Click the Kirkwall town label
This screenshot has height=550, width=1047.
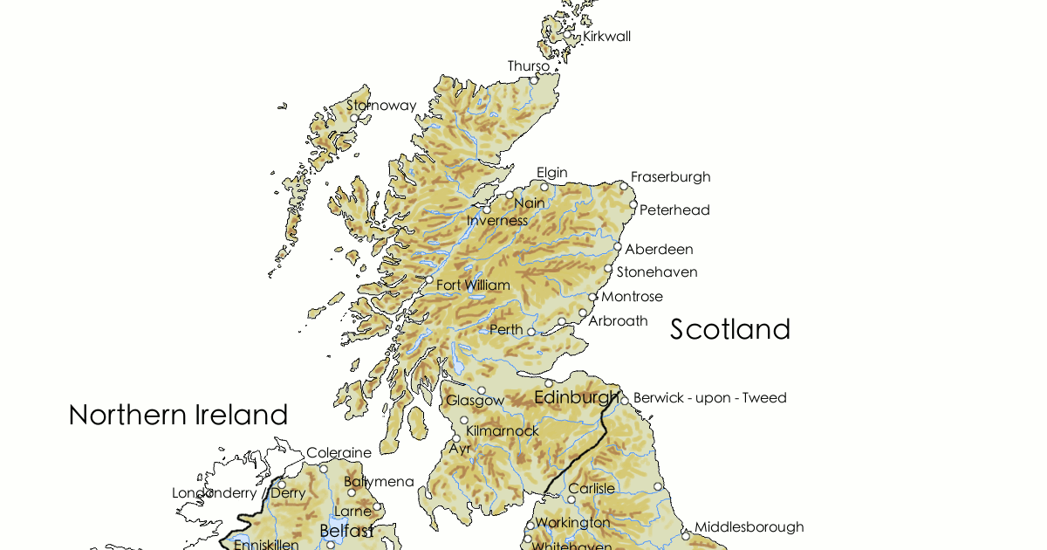pos(606,37)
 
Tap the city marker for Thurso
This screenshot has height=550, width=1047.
pos(534,80)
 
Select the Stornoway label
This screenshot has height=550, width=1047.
pos(381,106)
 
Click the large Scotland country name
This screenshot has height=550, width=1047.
pos(730,329)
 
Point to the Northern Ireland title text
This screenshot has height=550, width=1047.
pos(178,415)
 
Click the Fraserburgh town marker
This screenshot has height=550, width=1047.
pos(624,186)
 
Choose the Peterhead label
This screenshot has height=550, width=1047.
pos(674,210)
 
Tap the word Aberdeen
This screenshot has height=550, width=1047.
pos(659,250)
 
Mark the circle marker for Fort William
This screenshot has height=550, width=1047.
pos(429,280)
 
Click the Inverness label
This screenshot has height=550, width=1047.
pos(497,221)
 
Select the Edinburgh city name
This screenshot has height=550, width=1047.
pos(576,398)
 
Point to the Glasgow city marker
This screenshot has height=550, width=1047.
pos(481,390)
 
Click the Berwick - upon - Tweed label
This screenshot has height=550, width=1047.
pos(709,398)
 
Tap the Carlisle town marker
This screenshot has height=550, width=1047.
pos(571,500)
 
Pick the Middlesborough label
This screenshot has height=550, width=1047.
pos(749,527)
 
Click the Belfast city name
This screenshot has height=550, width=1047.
pos(346,531)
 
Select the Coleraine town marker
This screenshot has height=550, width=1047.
pos(324,469)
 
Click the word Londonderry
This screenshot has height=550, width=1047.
pos(214,493)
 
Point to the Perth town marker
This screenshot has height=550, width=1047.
pos(530,332)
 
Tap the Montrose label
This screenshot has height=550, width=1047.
pos(632,297)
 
